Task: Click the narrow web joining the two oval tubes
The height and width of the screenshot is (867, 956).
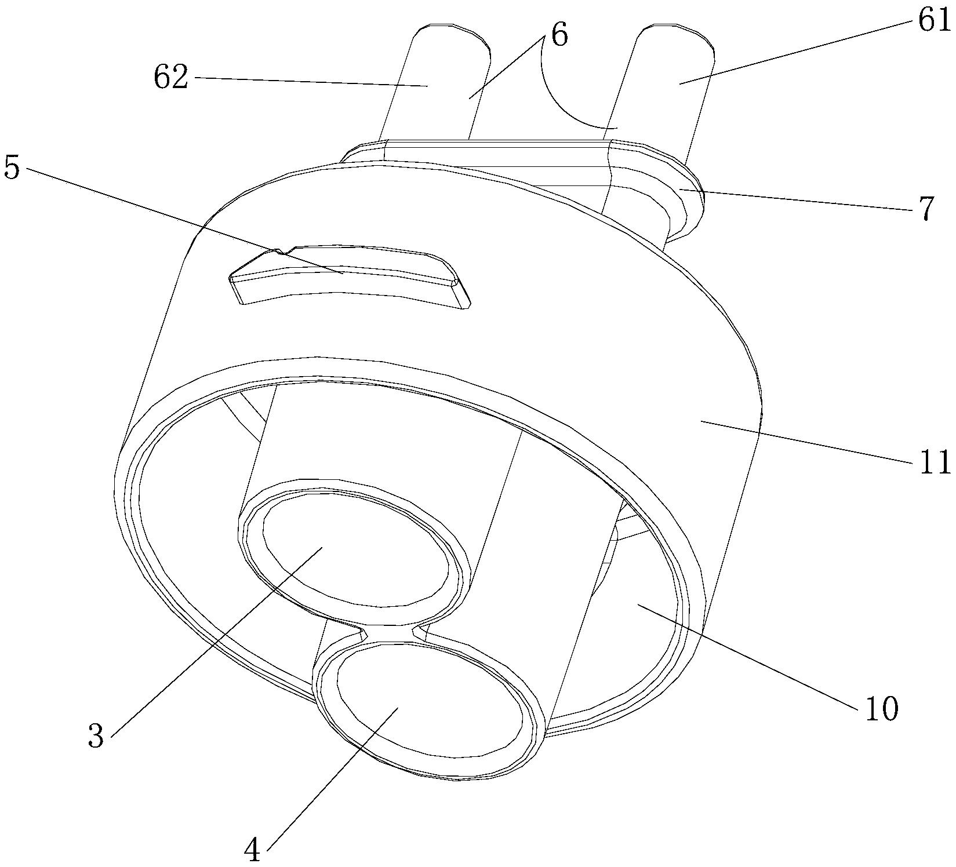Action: (390, 632)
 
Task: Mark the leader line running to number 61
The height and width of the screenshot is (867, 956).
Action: (800, 52)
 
